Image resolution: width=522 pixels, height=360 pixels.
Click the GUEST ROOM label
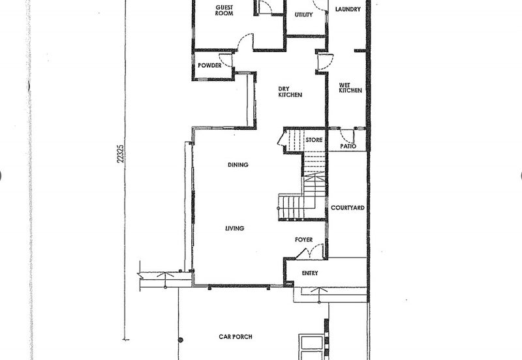pos(224,10)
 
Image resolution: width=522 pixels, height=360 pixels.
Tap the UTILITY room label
pos(303,14)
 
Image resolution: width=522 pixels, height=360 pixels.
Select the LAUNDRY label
pos(348,9)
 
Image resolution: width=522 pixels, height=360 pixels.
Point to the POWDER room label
pos(209,65)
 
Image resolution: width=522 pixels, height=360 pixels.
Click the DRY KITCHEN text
pos(290,92)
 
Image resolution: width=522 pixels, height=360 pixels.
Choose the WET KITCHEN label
pos(350,88)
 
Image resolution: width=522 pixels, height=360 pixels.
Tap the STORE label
pos(314,140)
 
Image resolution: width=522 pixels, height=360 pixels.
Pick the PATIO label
pos(348,146)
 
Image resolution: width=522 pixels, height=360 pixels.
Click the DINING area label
pos(238,165)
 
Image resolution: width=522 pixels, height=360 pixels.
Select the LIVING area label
pos(235,228)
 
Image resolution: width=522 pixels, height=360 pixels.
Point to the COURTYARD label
pos(348,207)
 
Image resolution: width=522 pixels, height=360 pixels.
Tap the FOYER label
pos(303,239)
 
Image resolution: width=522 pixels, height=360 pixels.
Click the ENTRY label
pos(309,273)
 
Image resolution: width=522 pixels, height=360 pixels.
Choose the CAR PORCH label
pos(236,337)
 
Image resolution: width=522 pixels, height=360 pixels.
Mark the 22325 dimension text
pos(121,153)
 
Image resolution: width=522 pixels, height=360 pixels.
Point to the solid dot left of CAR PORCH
pos(181,340)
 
